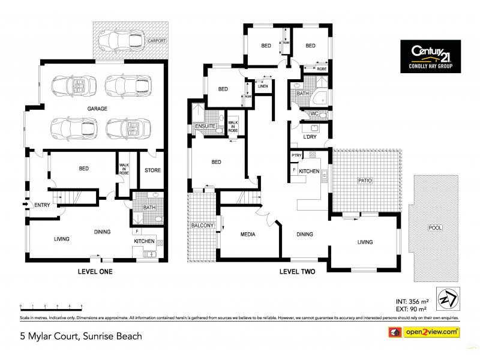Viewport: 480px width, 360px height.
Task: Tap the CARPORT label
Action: point(157,41)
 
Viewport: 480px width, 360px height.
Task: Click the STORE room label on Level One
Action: point(152,170)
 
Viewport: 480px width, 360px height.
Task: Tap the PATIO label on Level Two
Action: point(366,179)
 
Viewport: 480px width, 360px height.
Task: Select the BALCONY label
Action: point(202,225)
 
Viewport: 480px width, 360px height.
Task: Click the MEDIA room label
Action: point(247,234)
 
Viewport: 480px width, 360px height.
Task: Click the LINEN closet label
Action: point(263,87)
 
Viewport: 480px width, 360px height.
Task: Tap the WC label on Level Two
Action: point(314,113)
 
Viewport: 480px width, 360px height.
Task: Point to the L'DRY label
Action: point(310,137)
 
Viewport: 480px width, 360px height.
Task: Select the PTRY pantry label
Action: point(296,155)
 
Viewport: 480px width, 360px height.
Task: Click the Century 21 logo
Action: point(430,56)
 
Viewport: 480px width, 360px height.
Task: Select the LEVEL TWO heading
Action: point(297,271)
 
